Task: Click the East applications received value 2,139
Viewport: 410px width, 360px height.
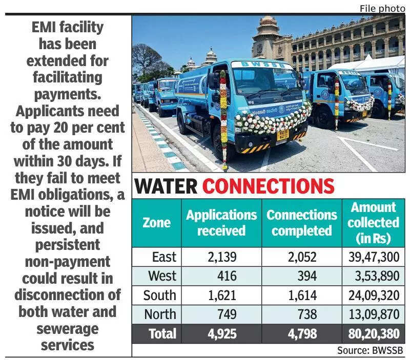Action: pos(221,257)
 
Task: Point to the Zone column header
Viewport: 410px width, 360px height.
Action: pos(156,223)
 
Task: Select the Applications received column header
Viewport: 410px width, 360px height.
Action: pos(221,223)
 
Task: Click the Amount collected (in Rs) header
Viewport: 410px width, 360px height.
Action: pos(374,223)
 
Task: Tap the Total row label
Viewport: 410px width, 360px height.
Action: pos(162,334)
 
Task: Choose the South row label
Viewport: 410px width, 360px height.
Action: pos(159,295)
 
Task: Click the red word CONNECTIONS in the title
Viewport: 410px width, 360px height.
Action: pos(269,186)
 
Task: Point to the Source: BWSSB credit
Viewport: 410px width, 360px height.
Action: pos(370,351)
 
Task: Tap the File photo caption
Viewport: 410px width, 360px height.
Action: pos(382,8)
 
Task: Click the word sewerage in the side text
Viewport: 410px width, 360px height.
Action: pos(67,328)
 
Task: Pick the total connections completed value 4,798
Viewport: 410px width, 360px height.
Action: pos(302,334)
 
